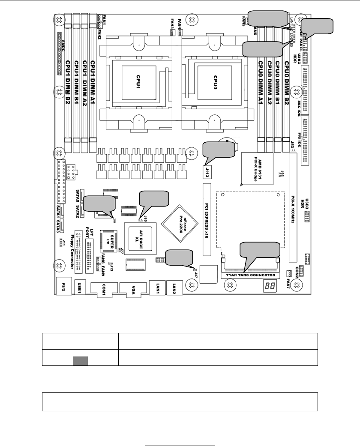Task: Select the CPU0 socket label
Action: click(216, 81)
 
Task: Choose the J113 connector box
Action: click(207, 172)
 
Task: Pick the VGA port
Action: click(132, 289)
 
